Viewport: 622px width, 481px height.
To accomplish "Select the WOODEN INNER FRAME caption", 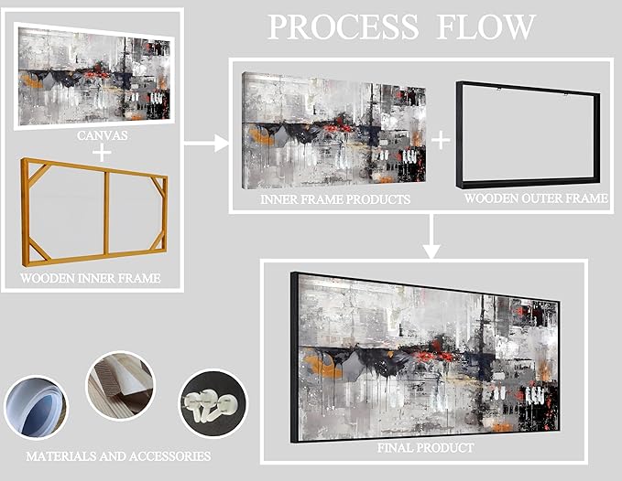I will [x=90, y=277].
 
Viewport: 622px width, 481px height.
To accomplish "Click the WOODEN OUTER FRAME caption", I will [x=536, y=198].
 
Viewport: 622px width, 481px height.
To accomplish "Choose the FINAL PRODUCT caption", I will [x=426, y=448].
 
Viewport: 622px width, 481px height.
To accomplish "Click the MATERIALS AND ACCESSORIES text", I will [x=119, y=454].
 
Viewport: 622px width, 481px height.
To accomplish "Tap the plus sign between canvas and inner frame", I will [x=102, y=152].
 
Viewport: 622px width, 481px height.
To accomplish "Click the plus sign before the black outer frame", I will [x=442, y=140].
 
